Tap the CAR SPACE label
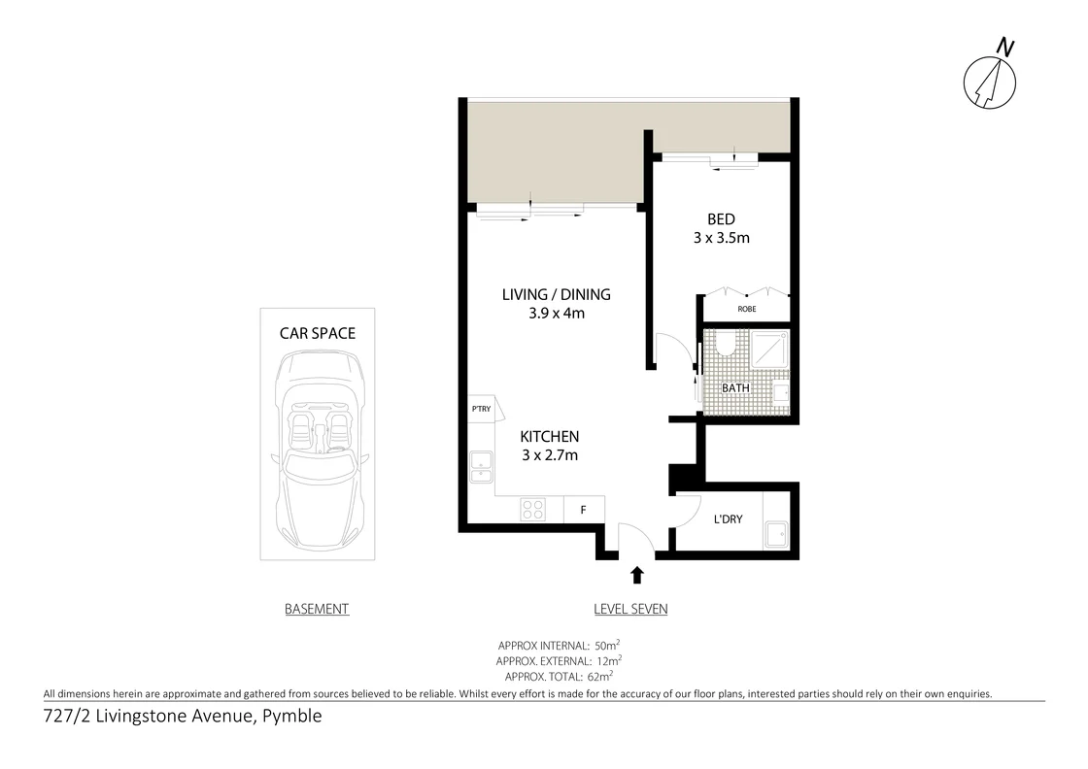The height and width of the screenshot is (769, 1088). click(318, 333)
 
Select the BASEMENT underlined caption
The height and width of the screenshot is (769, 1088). click(317, 609)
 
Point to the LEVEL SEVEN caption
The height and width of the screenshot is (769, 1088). click(630, 609)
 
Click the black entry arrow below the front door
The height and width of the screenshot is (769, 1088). click(637, 575)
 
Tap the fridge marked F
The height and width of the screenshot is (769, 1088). click(584, 510)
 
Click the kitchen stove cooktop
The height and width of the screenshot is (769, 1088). click(533, 510)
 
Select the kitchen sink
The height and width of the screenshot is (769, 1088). click(481, 469)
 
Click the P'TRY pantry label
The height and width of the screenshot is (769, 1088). click(481, 410)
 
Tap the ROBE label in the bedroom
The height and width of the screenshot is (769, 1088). click(746, 309)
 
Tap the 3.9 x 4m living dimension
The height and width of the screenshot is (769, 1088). click(557, 313)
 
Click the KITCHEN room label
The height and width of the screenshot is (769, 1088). click(550, 437)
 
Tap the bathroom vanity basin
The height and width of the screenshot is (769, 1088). click(779, 392)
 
